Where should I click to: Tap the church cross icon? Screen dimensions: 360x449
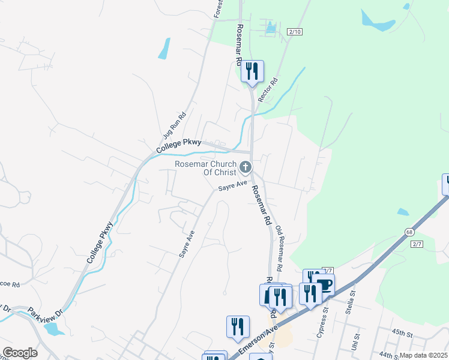(245, 167)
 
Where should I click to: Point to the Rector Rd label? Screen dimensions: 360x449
(268, 89)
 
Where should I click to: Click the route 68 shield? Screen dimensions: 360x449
(409, 232)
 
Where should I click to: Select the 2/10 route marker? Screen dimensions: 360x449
(294, 31)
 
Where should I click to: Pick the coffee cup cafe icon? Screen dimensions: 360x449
(324, 285)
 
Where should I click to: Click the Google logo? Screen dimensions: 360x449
(20, 353)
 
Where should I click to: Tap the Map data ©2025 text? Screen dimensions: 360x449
(424, 355)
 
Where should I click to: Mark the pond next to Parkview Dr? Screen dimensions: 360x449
(53, 329)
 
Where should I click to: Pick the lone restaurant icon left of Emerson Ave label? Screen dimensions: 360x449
(238, 327)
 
